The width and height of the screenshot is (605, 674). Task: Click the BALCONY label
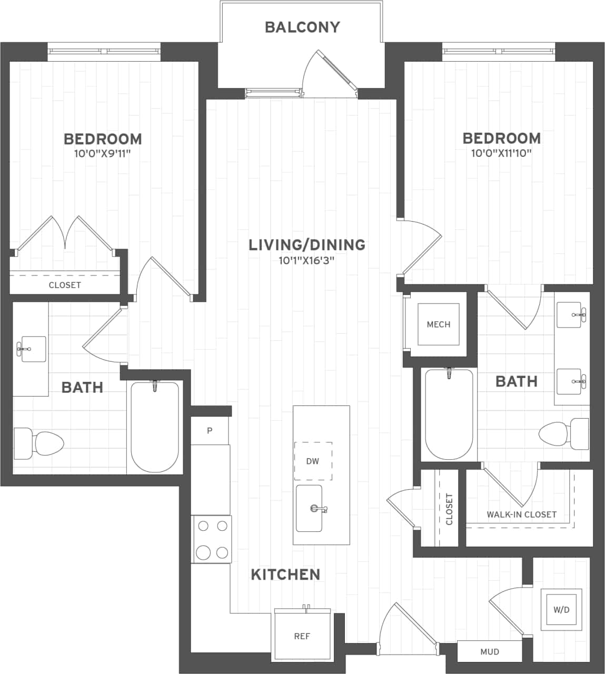tap(302, 27)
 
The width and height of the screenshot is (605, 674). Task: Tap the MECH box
tap(438, 324)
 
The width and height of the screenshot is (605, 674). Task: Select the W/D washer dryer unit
tap(561, 610)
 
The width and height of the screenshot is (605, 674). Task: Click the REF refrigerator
tap(302, 636)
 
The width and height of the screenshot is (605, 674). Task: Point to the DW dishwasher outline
tap(313, 461)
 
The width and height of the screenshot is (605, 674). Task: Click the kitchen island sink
tap(309, 509)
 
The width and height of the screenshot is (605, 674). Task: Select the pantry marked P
tap(210, 431)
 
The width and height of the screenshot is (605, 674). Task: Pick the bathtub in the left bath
tap(154, 427)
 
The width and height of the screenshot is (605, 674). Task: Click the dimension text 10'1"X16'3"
tap(307, 260)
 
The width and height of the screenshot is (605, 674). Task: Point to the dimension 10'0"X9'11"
tap(102, 154)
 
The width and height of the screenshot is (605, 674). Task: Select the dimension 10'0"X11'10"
tap(501, 153)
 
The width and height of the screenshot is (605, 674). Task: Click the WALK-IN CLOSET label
tap(521, 514)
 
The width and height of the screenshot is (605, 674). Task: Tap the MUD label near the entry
tap(490, 652)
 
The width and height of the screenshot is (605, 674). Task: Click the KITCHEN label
tap(285, 574)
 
